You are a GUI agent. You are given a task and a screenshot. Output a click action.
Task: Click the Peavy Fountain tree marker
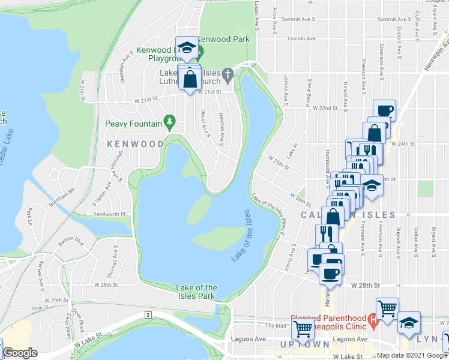click(170, 123)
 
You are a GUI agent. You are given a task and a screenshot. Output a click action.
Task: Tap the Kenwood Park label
click(226, 38)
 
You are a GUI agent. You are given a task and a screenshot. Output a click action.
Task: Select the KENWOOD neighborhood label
click(135, 144)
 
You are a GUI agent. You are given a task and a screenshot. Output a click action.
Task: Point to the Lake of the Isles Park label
click(196, 292)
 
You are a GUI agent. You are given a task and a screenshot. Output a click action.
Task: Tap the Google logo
click(20, 353)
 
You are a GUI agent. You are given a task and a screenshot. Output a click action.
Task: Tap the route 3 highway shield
click(147, 314)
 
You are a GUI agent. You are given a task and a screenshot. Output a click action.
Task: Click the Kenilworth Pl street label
click(109, 214)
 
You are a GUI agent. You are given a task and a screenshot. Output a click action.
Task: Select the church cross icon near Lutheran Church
click(227, 75)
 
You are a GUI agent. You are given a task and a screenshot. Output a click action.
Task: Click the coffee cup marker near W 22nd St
click(384, 110)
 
